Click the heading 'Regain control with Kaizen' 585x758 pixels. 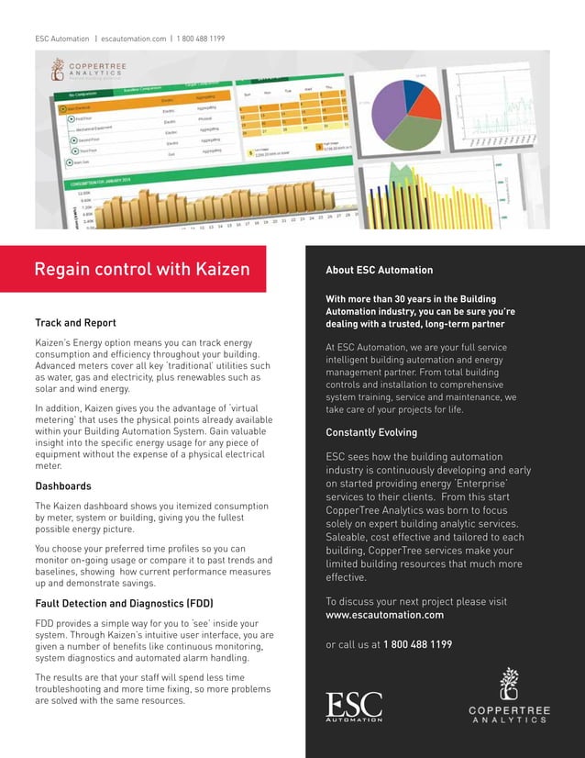point(141,270)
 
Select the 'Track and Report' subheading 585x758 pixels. point(75,323)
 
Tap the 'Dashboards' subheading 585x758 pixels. point(62,485)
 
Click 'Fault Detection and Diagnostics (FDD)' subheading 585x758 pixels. point(124,604)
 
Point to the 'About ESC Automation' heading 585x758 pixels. point(379,271)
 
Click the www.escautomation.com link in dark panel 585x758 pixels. point(384,615)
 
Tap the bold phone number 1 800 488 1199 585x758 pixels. point(417,644)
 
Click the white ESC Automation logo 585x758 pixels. point(354,706)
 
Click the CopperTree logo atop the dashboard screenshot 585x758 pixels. point(83,70)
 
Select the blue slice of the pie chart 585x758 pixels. point(414,90)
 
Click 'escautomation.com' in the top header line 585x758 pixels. point(134,39)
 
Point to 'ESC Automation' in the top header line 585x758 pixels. point(62,39)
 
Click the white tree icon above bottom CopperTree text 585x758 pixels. point(508,684)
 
